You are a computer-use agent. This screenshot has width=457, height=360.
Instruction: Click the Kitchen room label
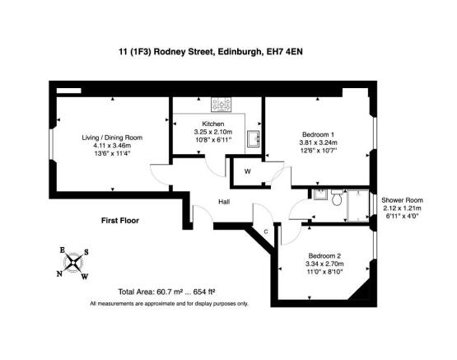(213, 124)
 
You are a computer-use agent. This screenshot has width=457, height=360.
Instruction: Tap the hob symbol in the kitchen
(222, 105)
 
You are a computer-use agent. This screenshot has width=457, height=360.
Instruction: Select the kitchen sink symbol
(254, 138)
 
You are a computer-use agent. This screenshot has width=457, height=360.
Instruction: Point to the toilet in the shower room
(338, 198)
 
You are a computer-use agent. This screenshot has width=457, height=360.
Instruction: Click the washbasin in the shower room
(320, 194)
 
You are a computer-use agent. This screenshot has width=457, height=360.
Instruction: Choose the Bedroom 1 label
(318, 134)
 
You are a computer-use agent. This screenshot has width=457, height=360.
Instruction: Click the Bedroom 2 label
(324, 256)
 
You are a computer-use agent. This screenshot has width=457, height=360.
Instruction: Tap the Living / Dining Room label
(112, 138)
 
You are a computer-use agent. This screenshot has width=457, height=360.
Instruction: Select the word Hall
(224, 202)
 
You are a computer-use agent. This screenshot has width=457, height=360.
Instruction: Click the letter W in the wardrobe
(248, 171)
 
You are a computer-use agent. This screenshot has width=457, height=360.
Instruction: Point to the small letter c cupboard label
(266, 231)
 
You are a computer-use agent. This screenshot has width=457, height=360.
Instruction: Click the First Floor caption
(120, 221)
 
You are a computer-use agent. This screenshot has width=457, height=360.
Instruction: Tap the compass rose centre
(72, 263)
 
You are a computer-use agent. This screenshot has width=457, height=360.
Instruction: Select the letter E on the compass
(62, 250)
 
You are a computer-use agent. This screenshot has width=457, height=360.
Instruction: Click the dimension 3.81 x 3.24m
(319, 143)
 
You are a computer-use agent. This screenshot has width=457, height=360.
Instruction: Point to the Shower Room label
(402, 200)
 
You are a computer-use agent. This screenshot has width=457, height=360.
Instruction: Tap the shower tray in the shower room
(358, 205)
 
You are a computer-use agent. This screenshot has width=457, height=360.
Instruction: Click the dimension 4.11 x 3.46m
(112, 146)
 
